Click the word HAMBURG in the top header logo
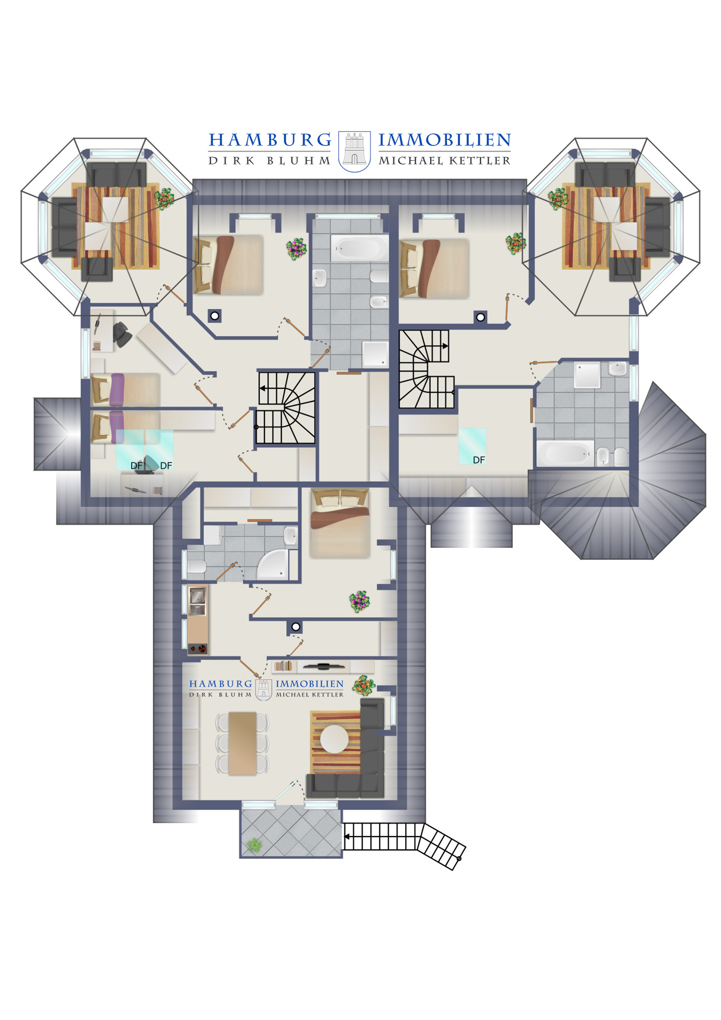click(x=270, y=140)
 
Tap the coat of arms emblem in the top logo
click(x=355, y=151)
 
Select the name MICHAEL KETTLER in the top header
click(x=444, y=161)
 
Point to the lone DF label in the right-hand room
click(x=479, y=460)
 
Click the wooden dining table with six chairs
click(x=242, y=743)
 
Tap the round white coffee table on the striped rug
click(x=334, y=738)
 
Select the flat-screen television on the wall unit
click(x=324, y=666)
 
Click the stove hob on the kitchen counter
click(x=197, y=649)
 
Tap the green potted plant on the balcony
click(x=254, y=845)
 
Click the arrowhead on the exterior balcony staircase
click(x=347, y=837)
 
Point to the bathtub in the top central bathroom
click(x=359, y=248)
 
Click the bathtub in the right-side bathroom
click(x=565, y=453)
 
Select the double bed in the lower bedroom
click(x=340, y=523)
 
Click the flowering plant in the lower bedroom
click(x=359, y=601)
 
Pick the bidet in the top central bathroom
click(x=379, y=301)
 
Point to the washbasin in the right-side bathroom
click(x=617, y=368)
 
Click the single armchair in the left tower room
click(x=97, y=269)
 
